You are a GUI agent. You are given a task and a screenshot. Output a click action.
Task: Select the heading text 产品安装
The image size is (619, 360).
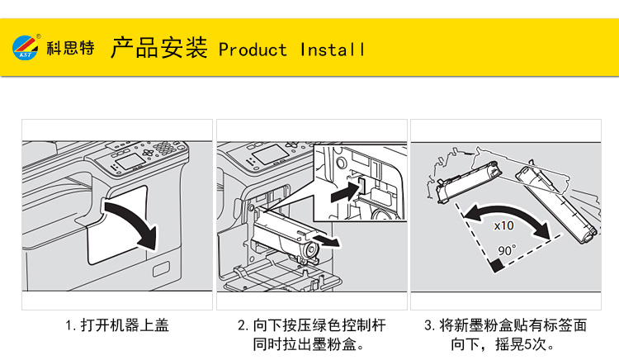(x=158, y=48)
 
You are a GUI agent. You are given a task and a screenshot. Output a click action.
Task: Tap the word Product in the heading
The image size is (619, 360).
(x=253, y=50)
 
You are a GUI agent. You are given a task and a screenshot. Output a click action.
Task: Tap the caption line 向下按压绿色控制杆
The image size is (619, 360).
(x=311, y=325)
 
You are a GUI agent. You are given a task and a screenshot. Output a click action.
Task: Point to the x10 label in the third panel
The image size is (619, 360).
(x=503, y=225)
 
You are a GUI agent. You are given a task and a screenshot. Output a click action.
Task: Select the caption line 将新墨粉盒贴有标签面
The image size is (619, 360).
(x=505, y=325)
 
